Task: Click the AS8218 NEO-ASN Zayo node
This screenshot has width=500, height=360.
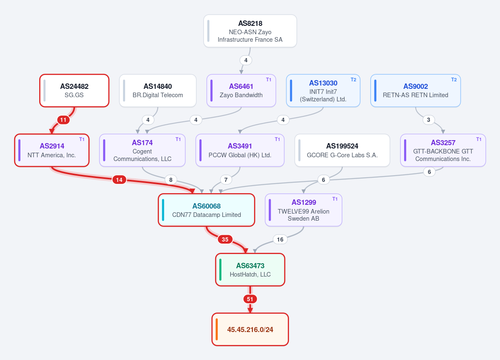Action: [250, 31]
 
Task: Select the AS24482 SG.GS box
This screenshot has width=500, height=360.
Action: [74, 91]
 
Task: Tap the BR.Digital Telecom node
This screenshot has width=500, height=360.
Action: [158, 91]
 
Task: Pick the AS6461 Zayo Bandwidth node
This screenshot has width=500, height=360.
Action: [241, 91]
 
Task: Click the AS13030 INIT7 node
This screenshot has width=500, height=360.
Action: [323, 91]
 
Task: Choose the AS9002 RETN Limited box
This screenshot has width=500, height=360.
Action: [415, 91]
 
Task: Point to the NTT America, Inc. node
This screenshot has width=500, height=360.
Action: [52, 150]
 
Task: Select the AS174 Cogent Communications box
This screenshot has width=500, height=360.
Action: [142, 150]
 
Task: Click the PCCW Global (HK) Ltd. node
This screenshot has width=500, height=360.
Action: [240, 150]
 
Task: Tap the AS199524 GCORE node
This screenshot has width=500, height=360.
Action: [342, 150]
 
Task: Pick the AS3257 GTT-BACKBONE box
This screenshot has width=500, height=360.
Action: [443, 150]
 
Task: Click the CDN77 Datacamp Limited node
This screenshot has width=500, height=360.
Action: [206, 210]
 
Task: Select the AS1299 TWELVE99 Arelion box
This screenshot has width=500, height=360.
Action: [304, 210]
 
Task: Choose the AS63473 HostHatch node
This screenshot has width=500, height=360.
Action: [250, 270]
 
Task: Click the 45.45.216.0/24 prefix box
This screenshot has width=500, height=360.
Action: [250, 330]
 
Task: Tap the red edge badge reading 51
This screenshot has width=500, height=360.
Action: [250, 299]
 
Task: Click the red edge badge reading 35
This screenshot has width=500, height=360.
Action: [225, 239]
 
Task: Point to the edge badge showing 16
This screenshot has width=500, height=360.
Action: [280, 239]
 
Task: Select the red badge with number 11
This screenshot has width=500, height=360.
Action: [63, 120]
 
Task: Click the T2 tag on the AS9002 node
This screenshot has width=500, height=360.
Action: [454, 80]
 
